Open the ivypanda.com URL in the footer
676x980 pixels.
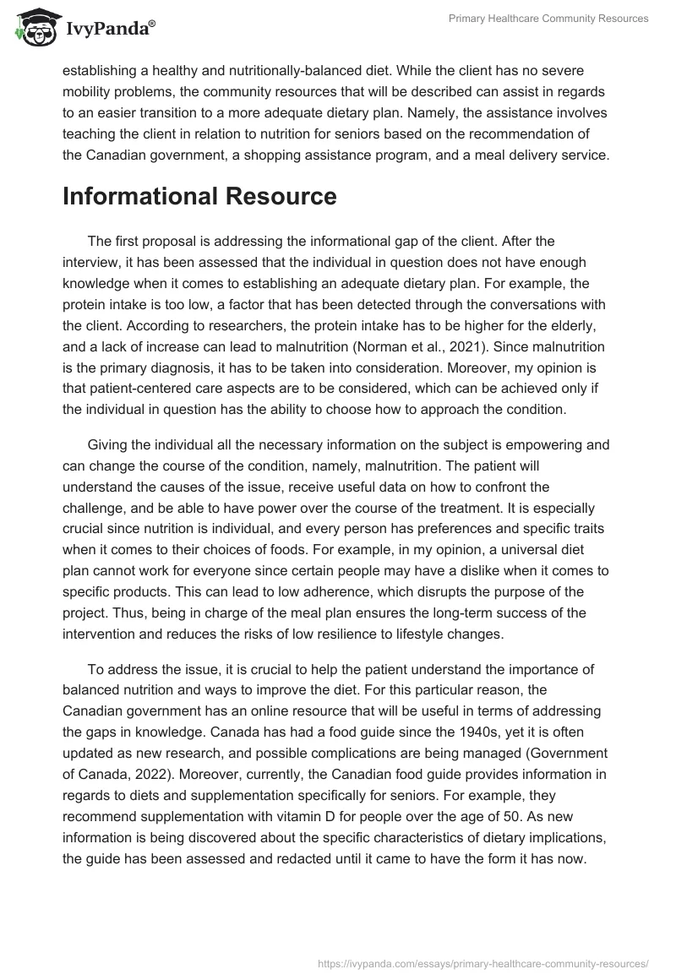pyautogui.click(x=484, y=962)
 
